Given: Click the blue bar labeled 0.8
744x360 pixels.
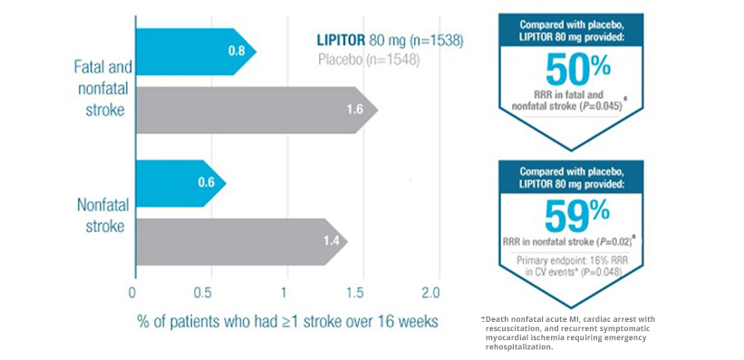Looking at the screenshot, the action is pyautogui.click(x=196, y=52).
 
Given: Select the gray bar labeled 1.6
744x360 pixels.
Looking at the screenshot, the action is pyautogui.click(x=256, y=111).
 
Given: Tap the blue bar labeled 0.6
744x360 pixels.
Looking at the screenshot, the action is pyautogui.click(x=180, y=183).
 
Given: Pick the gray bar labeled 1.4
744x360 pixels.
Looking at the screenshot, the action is pyautogui.click(x=242, y=242).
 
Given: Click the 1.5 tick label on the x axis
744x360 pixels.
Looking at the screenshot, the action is pyautogui.click(x=363, y=292).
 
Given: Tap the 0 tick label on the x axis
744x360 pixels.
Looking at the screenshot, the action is pyautogui.click(x=132, y=292).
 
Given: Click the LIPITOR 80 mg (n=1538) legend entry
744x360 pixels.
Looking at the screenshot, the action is pyautogui.click(x=390, y=41).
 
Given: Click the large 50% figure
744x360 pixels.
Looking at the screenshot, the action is pyautogui.click(x=577, y=69).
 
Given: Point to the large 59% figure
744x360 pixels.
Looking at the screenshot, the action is pyautogui.click(x=577, y=216).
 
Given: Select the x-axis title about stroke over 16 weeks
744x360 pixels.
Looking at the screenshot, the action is pyautogui.click(x=287, y=322).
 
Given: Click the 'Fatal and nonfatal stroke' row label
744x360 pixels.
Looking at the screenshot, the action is pyautogui.click(x=103, y=88).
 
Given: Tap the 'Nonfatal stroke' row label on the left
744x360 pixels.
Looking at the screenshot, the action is pyautogui.click(x=103, y=216).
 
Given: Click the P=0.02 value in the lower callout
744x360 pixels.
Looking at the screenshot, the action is pyautogui.click(x=615, y=242).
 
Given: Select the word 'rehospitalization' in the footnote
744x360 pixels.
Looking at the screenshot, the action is pyautogui.click(x=519, y=346).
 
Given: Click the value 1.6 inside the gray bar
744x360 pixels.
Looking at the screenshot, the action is pyautogui.click(x=355, y=111).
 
